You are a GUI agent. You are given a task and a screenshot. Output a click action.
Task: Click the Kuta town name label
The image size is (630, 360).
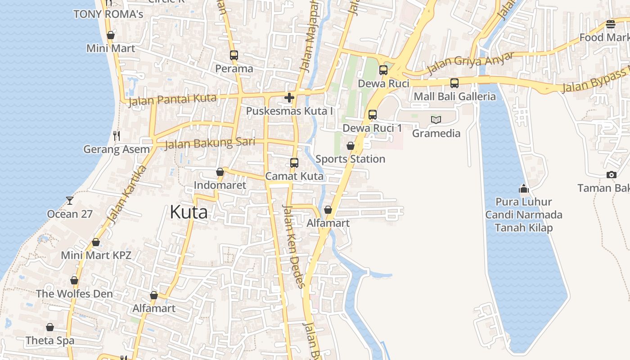[189, 212]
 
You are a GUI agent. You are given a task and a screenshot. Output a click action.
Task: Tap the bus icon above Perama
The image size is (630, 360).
[234, 55]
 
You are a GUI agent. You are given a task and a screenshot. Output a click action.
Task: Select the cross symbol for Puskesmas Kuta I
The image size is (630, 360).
[289, 98]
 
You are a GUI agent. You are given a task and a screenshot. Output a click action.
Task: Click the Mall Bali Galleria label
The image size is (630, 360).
[454, 96]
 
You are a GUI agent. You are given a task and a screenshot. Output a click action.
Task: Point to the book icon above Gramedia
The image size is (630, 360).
[436, 120]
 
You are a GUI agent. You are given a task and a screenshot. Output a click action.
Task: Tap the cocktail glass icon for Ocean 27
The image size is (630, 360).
[70, 200]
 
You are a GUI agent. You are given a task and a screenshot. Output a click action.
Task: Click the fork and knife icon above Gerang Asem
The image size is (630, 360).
[117, 135]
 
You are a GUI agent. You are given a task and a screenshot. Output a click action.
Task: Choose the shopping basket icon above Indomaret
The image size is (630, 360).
[220, 172]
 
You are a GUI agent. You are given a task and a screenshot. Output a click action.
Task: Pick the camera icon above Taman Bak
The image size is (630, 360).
[611, 175]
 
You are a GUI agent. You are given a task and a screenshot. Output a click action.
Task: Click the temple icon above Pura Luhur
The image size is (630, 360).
[523, 188]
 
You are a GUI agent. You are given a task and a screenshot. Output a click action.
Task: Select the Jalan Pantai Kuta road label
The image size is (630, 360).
[172, 100]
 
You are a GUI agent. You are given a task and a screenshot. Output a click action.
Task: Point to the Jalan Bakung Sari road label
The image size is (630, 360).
[210, 144]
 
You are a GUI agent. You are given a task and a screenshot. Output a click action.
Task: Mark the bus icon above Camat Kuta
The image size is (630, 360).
[294, 162]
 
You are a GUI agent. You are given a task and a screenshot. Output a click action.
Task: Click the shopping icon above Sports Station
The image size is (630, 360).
[350, 146]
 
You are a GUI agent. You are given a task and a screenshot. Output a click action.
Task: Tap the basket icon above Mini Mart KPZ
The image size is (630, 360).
[96, 242]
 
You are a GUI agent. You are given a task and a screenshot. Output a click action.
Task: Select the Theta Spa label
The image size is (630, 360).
[50, 341]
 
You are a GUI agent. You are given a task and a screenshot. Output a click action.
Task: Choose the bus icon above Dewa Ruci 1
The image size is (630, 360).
[372, 114]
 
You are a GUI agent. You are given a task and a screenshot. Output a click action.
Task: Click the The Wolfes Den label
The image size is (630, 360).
[74, 294]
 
